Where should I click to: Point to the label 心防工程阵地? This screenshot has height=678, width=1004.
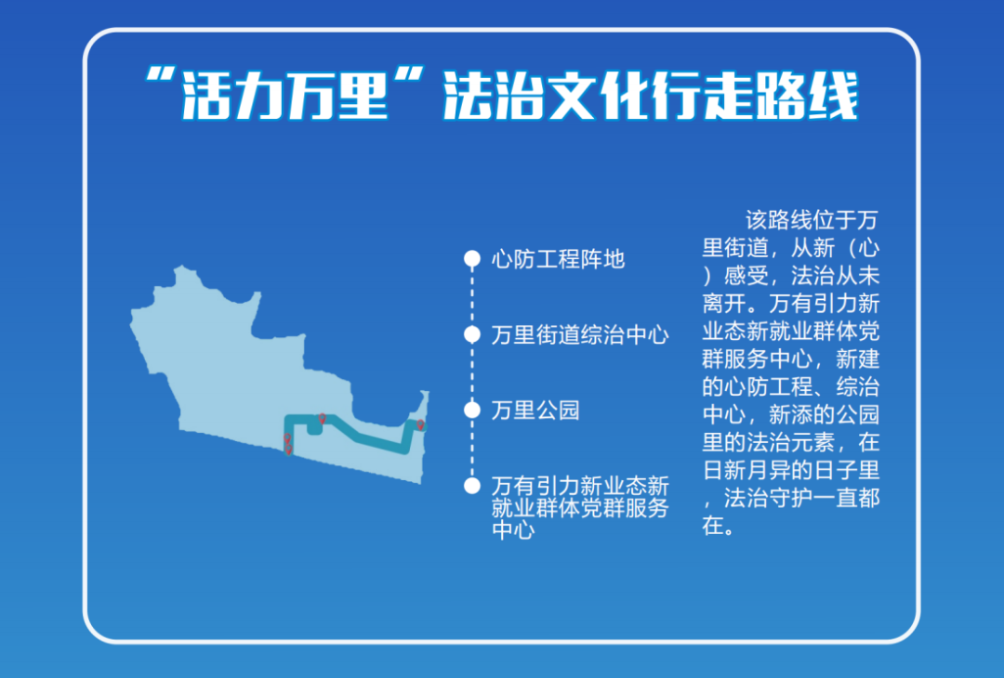point(558,259)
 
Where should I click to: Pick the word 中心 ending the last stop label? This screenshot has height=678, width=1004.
point(513,532)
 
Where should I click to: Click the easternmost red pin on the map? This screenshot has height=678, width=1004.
point(420,425)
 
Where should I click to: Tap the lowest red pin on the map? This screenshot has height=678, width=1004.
point(288,450)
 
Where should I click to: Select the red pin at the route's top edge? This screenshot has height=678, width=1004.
point(322,419)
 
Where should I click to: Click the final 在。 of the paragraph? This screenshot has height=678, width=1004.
point(718,525)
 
